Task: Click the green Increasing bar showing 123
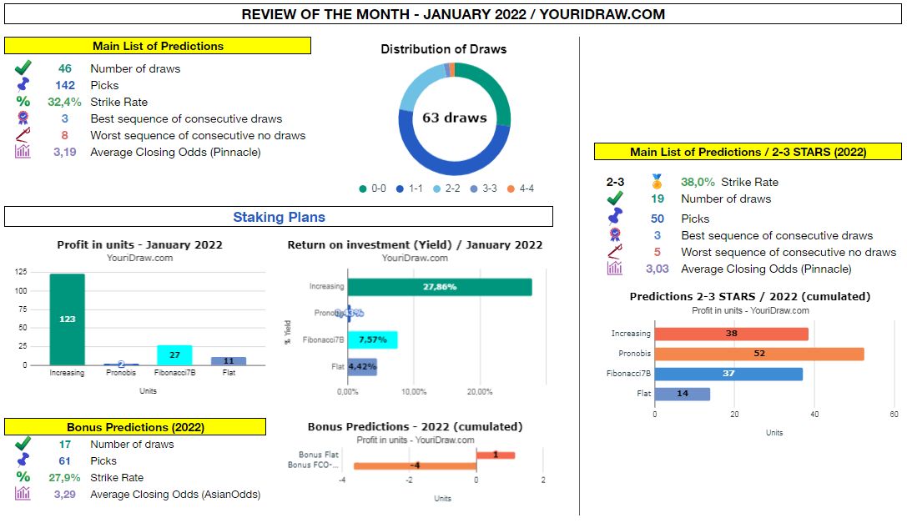coord(67,319)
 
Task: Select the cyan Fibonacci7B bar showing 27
coord(174,355)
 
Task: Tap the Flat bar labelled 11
coord(229,361)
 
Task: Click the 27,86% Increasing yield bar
coord(439,287)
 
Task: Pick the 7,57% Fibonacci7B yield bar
coord(372,339)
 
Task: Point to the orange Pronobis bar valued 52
coord(758,354)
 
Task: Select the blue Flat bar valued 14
coord(682,394)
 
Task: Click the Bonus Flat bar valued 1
coord(495,455)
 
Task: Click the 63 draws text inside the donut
coord(454,118)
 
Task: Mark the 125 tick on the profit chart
coord(22,272)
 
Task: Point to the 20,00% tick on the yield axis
coord(479,391)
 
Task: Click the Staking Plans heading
coord(279,217)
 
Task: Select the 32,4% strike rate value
coord(64,102)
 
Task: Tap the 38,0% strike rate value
coord(698,182)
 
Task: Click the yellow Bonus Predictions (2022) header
coord(135,427)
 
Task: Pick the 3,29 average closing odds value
coord(64,494)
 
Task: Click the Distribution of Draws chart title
coord(443,49)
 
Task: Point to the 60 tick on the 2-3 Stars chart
coord(894,415)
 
